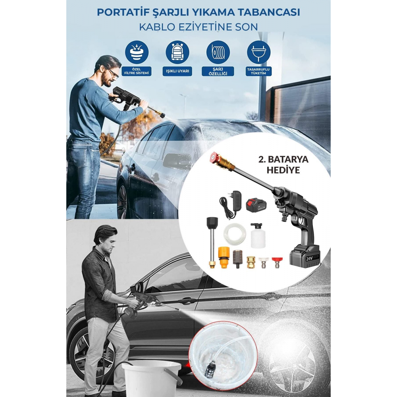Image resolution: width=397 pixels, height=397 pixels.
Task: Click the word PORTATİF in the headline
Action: tap(119, 12)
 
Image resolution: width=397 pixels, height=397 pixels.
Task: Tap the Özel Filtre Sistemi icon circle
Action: tap(137, 52)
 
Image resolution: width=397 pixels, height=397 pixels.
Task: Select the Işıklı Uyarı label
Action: tap(177, 71)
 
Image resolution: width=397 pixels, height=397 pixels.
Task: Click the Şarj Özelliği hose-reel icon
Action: tap(218, 52)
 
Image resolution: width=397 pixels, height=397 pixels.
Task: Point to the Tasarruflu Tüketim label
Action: tap(259, 71)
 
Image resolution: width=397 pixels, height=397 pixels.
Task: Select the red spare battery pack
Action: tap(256, 206)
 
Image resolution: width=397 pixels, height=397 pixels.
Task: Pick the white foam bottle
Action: tap(258, 236)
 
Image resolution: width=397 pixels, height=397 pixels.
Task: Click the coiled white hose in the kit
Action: tap(234, 235)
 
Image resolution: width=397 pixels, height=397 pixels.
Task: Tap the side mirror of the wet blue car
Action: tap(176, 161)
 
